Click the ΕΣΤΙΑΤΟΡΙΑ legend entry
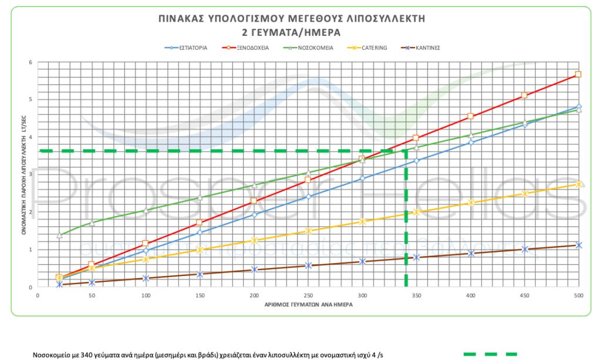coord(188,48)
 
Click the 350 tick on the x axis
coord(416,296)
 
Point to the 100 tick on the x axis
coord(146,296)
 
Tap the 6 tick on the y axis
coord(30,62)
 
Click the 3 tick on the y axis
coord(30,174)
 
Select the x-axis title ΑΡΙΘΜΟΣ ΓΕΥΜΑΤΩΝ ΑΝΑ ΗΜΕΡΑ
coord(308,305)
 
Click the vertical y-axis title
coord(24,174)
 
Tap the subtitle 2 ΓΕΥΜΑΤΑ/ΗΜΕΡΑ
coord(291,32)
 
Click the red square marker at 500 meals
coord(578,74)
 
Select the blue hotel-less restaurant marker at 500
coord(579,107)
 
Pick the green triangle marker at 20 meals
coord(59,235)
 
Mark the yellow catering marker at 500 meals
coord(579,184)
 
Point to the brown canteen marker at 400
coord(471,253)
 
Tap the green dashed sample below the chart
coord(490,354)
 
